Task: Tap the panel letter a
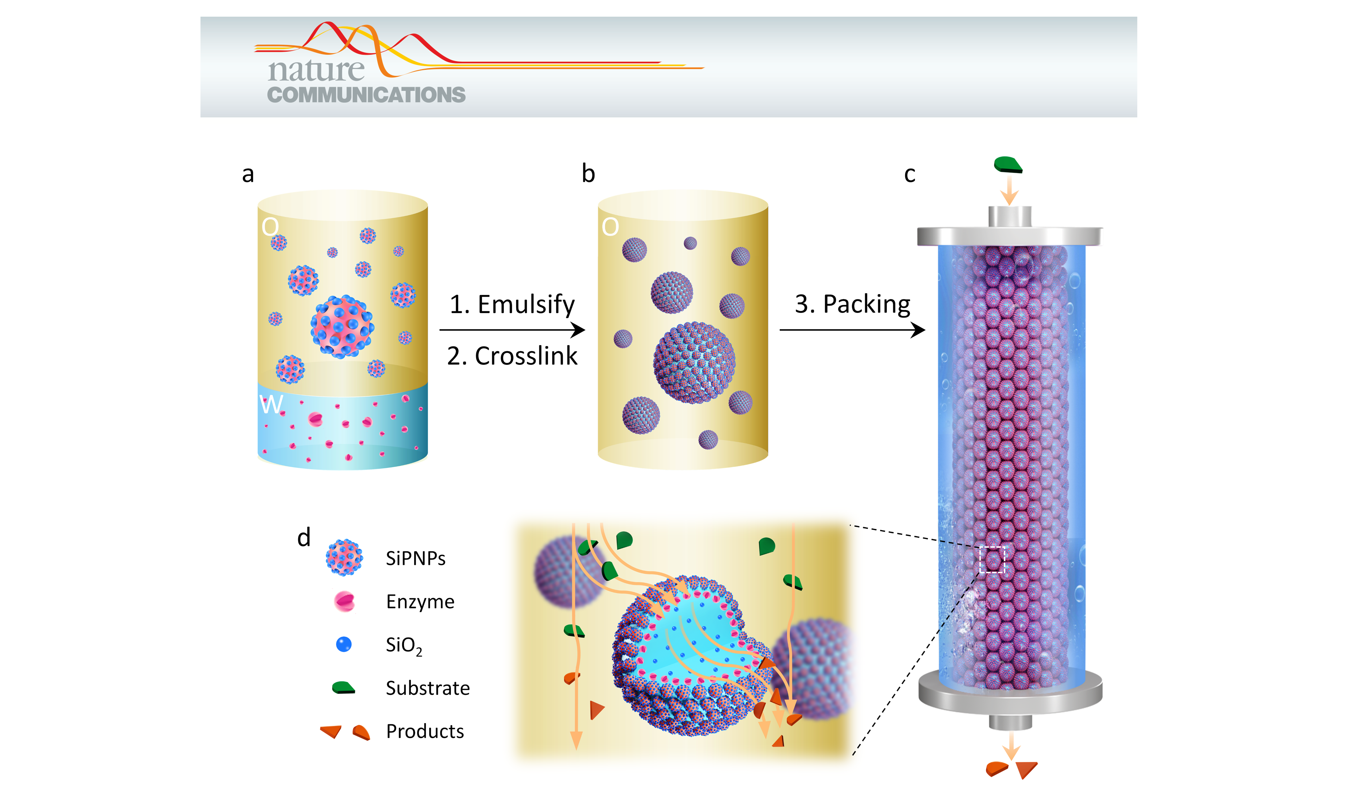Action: click(x=248, y=174)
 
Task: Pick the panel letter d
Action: click(x=304, y=537)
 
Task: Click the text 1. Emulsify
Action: click(x=512, y=304)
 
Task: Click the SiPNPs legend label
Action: click(x=415, y=558)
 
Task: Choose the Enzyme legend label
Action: click(x=420, y=601)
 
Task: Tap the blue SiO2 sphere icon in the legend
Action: click(x=344, y=644)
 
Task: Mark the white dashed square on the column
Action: click(x=992, y=560)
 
